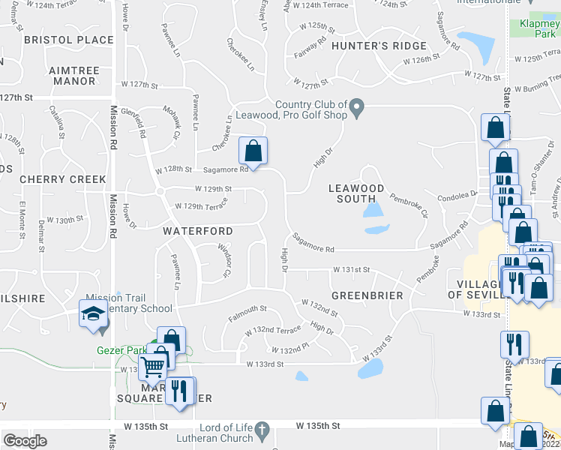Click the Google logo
pyautogui.click(x=25, y=441)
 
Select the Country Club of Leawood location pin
pyautogui.click(x=358, y=110)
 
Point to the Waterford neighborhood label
pyautogui.click(x=198, y=231)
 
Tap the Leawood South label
pyautogui.click(x=356, y=193)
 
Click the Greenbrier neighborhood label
pyautogui.click(x=367, y=295)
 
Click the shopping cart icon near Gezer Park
pyautogui.click(x=152, y=367)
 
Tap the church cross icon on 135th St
pyautogui.click(x=261, y=430)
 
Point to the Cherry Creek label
pyautogui.click(x=63, y=180)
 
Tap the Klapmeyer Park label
pyautogui.click(x=539, y=28)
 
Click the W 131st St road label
pyautogui.click(x=352, y=269)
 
